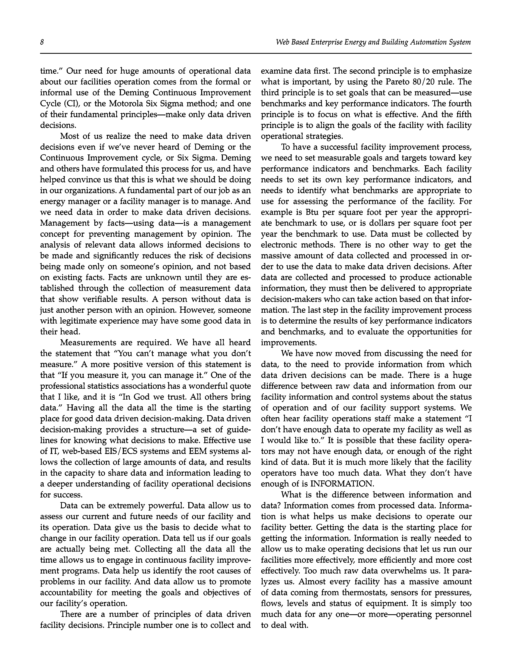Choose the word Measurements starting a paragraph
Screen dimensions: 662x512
(88, 342)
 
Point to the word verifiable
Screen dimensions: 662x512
(109, 299)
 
